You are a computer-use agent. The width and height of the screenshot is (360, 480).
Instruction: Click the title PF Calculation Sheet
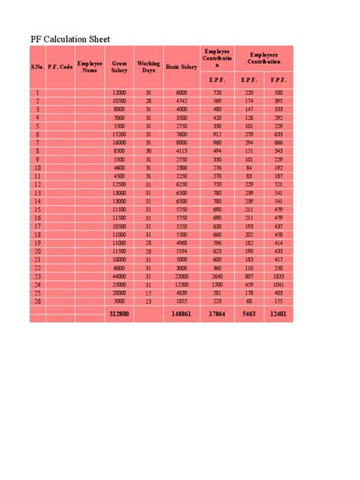tap(70, 39)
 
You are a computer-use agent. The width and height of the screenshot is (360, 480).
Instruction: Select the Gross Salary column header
tap(119, 67)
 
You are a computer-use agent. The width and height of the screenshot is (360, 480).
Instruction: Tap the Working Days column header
tap(149, 67)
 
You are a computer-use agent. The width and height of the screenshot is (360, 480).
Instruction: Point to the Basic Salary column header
tap(182, 67)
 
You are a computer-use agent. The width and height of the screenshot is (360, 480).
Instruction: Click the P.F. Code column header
tap(60, 67)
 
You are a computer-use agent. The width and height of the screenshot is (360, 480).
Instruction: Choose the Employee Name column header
tap(90, 67)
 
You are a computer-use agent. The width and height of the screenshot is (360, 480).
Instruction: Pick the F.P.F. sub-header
tap(278, 79)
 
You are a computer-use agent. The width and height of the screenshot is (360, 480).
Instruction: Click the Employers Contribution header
tap(264, 58)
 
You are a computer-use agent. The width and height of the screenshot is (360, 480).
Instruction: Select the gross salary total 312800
tap(119, 313)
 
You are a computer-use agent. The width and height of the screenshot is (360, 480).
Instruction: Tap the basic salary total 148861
tap(181, 313)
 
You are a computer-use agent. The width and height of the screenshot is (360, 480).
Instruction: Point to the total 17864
tap(217, 313)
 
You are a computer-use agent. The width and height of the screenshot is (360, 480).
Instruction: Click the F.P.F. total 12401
tap(278, 313)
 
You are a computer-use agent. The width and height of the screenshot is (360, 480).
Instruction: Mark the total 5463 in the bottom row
tap(249, 313)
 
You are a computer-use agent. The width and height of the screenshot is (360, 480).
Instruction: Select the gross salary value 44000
tap(119, 276)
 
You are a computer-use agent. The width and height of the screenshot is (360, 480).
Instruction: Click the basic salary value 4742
tap(181, 100)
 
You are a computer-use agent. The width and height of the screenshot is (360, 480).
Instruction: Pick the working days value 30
tap(149, 150)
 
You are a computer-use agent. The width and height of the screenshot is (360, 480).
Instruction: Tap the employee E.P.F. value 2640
tap(217, 276)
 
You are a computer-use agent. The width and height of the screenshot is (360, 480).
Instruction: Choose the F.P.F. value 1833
tap(278, 276)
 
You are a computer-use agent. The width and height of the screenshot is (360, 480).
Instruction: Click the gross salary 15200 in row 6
tap(119, 134)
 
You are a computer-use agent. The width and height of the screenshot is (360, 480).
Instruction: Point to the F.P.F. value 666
tap(278, 142)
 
